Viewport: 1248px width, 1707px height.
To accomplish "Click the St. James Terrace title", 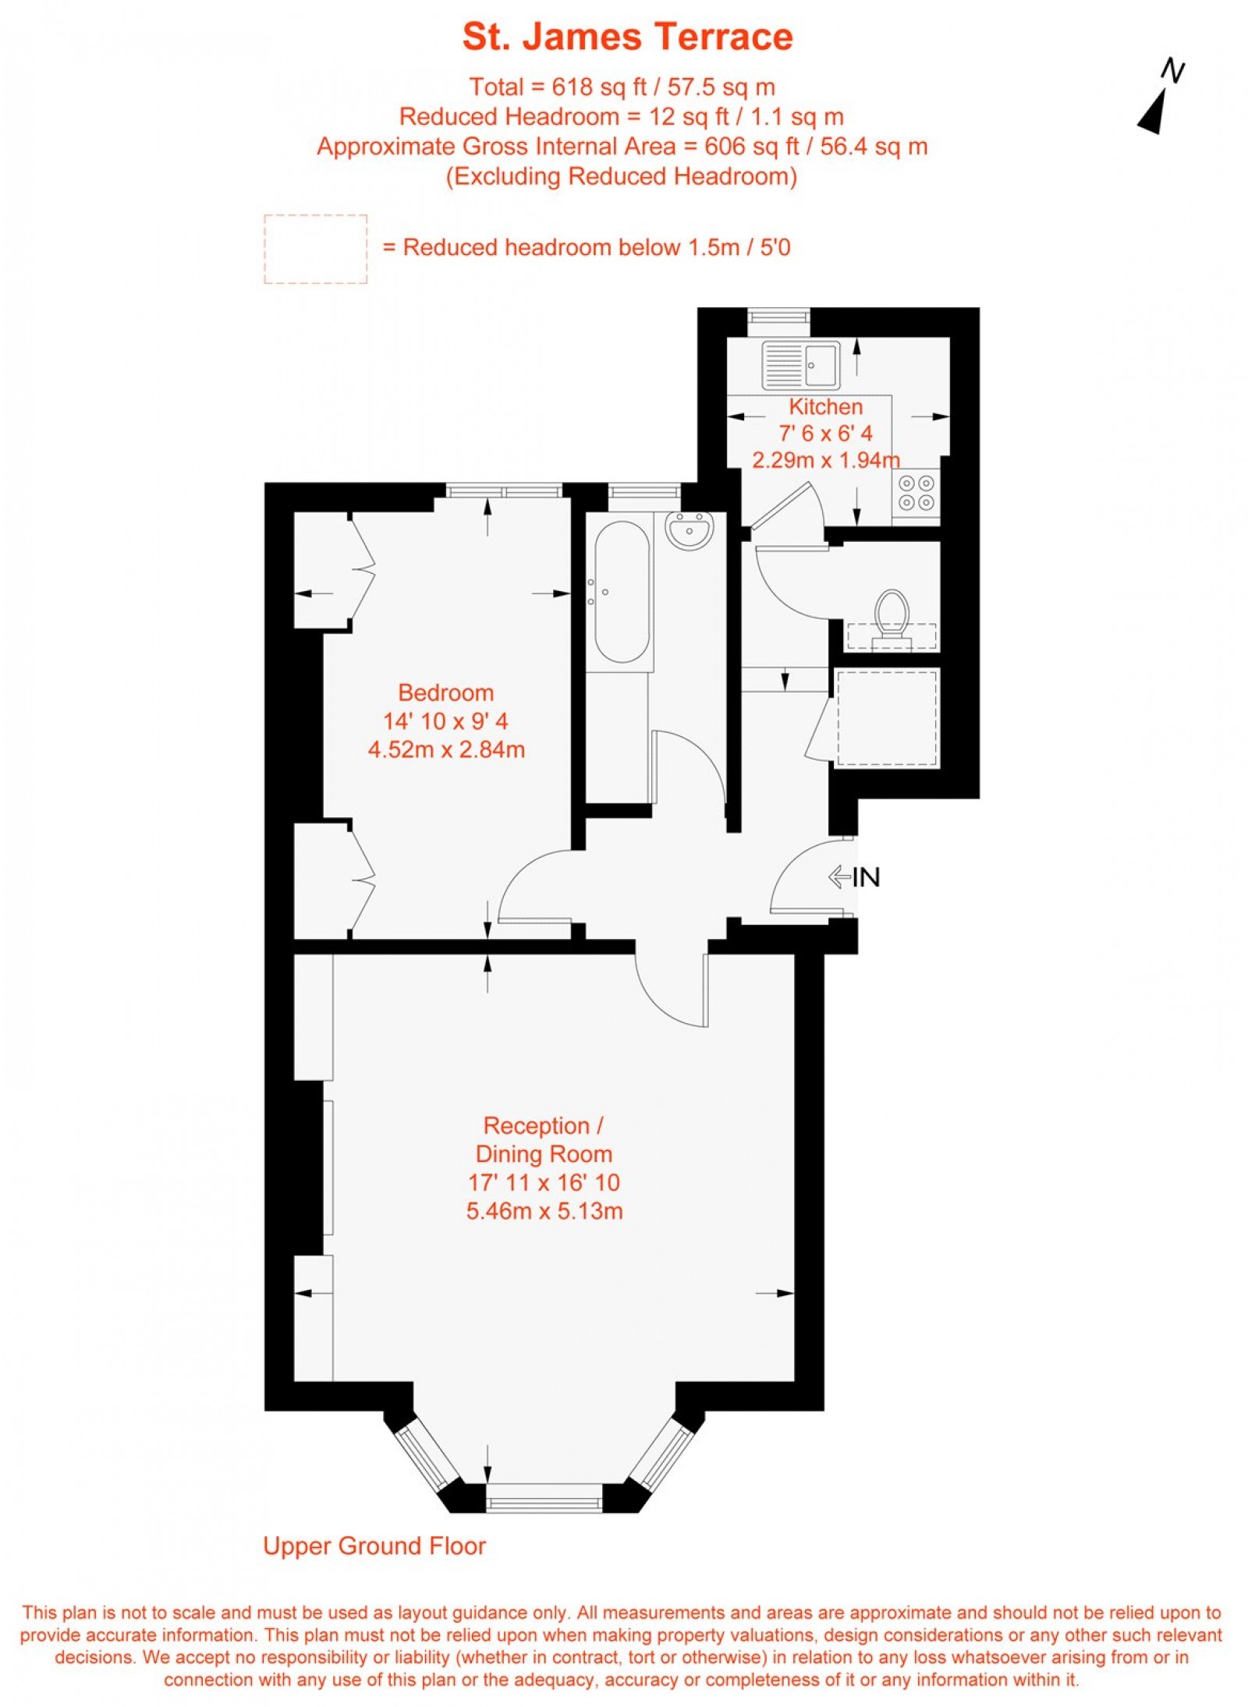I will pyautogui.click(x=627, y=37).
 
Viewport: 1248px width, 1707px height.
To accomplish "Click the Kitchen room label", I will pyautogui.click(x=825, y=406).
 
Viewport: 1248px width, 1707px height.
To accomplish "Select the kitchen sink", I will pyautogui.click(x=800, y=364).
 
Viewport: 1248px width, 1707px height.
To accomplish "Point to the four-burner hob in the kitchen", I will pyautogui.click(x=916, y=493).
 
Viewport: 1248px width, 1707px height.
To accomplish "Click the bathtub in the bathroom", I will pyautogui.click(x=622, y=591).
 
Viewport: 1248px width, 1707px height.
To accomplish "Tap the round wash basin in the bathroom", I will pyautogui.click(x=689, y=530).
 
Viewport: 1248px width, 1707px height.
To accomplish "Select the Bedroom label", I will pyautogui.click(x=445, y=692).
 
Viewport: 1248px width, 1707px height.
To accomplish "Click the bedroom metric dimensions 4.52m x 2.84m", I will pyautogui.click(x=446, y=749).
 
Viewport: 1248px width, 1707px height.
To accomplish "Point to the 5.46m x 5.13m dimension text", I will pyautogui.click(x=544, y=1211).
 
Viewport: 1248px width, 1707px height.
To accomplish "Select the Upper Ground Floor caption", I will pyautogui.click(x=374, y=1546).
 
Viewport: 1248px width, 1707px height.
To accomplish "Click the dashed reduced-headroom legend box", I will pyautogui.click(x=315, y=249).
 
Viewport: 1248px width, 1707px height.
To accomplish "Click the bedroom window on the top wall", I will pyautogui.click(x=504, y=491).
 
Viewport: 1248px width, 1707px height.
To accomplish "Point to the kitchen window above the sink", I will pyautogui.click(x=778, y=316).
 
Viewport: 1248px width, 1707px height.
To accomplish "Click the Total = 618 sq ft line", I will pyautogui.click(x=622, y=87).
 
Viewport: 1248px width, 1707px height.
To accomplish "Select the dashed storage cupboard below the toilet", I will pyautogui.click(x=887, y=717).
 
